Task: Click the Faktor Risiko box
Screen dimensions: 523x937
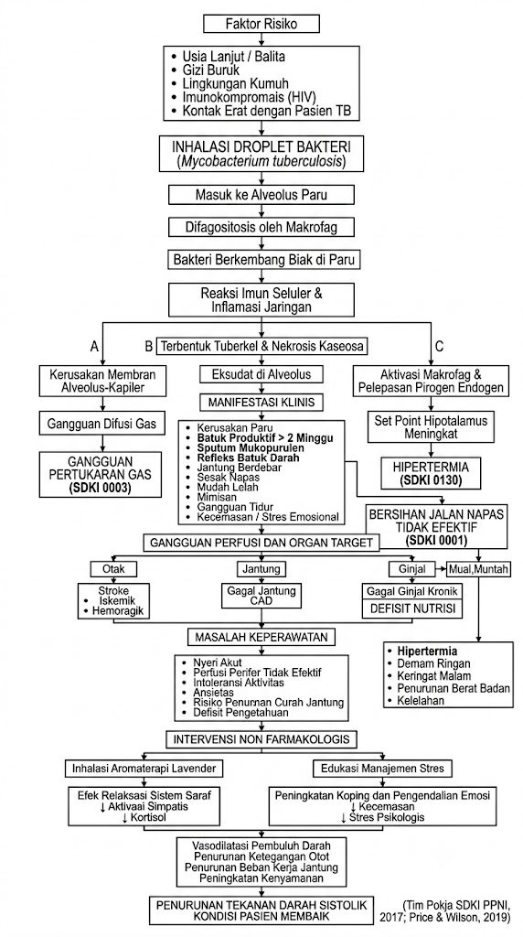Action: tap(261, 24)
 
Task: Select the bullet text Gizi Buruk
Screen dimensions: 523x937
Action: tap(210, 70)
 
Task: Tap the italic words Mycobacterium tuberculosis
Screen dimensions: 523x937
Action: tap(261, 161)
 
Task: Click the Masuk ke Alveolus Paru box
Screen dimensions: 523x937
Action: tap(261, 194)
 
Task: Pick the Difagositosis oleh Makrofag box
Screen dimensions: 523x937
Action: tap(261, 227)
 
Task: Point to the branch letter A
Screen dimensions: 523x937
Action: tap(94, 346)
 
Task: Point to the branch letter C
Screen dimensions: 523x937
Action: tap(440, 346)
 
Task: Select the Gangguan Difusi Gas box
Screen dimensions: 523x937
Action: tap(101, 424)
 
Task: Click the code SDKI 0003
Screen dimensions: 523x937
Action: tap(101, 488)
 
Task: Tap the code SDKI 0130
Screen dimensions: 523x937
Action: tap(428, 479)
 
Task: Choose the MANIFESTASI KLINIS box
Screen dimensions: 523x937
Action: tap(261, 403)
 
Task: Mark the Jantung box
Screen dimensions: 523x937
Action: tap(261, 569)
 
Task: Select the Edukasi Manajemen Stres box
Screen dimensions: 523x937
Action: tap(383, 768)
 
